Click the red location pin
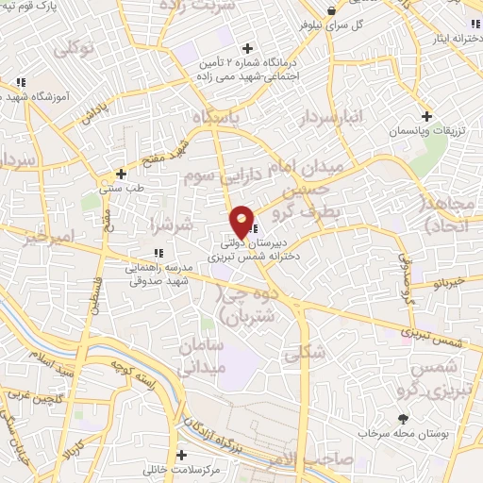242,222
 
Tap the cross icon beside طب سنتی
121,175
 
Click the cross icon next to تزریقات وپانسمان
427,117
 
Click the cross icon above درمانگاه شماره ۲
248,47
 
